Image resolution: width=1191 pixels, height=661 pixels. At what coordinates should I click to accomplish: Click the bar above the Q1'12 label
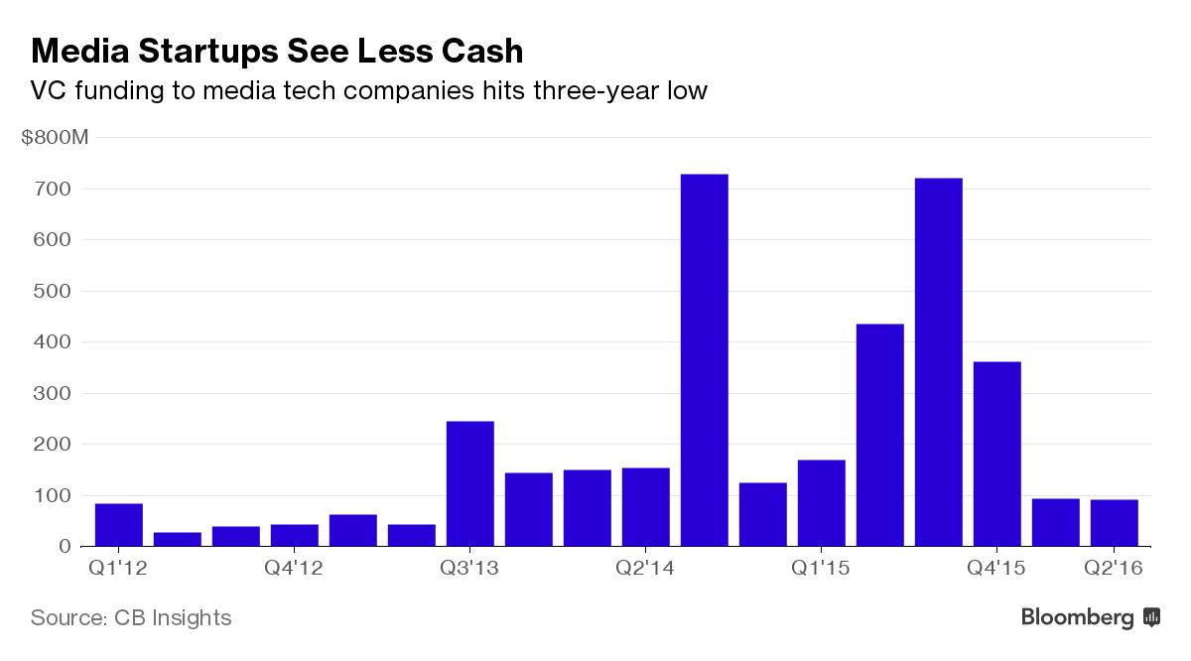tap(119, 525)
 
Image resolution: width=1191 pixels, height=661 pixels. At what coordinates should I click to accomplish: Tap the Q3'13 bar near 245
tap(470, 483)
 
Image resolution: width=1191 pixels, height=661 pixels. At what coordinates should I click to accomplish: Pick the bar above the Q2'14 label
tap(646, 506)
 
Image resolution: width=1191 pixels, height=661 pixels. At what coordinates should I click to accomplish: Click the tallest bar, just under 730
tap(705, 360)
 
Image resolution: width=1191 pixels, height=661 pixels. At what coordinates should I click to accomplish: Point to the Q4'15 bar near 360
tap(997, 454)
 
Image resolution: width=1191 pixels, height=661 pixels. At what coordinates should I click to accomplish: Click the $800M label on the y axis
tap(55, 137)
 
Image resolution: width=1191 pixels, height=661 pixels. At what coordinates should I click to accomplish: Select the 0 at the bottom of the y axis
tap(66, 547)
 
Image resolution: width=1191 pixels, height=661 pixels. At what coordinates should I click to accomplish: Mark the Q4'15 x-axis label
tap(997, 569)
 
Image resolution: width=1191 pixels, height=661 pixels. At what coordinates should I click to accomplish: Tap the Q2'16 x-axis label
tap(1115, 569)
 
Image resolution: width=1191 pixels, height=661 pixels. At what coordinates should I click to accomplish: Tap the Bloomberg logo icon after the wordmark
tap(1152, 617)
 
